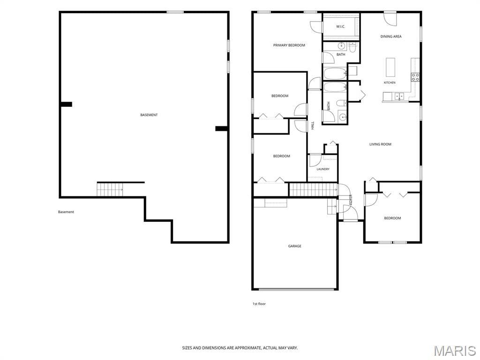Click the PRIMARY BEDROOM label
click(x=289, y=45)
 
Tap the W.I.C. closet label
click(x=340, y=27)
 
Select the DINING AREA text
click(x=391, y=37)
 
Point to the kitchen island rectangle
click(x=390, y=67)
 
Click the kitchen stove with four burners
click(x=415, y=77)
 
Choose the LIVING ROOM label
click(x=380, y=144)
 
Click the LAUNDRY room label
click(x=323, y=169)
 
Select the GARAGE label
click(x=294, y=246)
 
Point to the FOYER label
click(x=351, y=200)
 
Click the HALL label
click(x=313, y=126)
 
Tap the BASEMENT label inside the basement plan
click(x=149, y=115)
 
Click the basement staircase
click(x=110, y=189)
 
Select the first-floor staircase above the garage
click(x=313, y=189)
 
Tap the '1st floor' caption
click(x=259, y=304)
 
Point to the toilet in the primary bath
click(x=352, y=48)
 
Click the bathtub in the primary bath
click(x=335, y=74)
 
